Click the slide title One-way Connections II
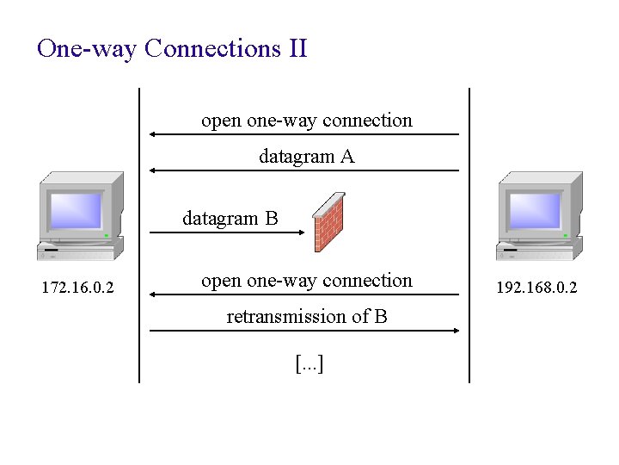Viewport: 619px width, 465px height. pos(172,48)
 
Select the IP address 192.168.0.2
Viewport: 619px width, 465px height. pos(536,288)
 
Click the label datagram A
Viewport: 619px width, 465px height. pos(306,157)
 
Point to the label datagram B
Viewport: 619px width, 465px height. pos(230,219)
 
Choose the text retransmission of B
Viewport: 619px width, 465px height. pos(306,317)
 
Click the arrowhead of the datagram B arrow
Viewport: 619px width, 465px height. pos(300,232)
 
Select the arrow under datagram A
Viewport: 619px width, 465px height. pos(304,170)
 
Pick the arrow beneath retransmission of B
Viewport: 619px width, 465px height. pos(304,330)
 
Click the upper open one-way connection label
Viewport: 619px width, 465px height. pos(306,121)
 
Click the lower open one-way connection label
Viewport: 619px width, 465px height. pos(306,281)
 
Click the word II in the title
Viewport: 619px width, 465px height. pos(293,48)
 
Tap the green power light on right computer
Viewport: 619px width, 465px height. pos(565,235)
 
